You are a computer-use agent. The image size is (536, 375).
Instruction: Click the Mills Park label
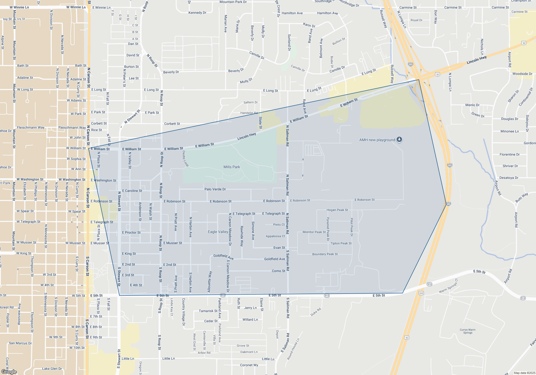232,167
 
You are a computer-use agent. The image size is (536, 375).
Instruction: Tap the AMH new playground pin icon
399,140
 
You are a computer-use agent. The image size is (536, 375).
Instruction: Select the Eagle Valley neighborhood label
218,232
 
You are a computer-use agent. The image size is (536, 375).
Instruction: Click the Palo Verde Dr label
215,189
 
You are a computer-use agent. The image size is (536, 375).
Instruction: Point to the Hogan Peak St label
337,210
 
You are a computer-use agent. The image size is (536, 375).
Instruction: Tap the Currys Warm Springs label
467,331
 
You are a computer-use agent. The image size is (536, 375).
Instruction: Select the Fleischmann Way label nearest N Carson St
72,127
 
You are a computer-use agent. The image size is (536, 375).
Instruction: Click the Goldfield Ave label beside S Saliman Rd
274,259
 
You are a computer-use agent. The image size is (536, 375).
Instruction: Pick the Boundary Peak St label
325,254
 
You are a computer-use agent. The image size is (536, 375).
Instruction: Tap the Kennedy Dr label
197,13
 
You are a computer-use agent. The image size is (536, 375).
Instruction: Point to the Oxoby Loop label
185,158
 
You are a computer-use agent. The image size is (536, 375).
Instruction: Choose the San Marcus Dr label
20,343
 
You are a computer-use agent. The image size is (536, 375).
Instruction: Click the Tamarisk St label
208,311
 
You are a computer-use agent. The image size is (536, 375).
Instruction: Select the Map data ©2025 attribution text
524,373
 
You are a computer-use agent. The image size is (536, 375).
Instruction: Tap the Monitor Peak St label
314,232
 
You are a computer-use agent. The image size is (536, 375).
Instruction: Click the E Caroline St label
132,191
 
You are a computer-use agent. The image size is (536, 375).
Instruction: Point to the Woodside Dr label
522,74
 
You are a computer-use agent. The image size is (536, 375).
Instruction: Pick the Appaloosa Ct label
275,236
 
